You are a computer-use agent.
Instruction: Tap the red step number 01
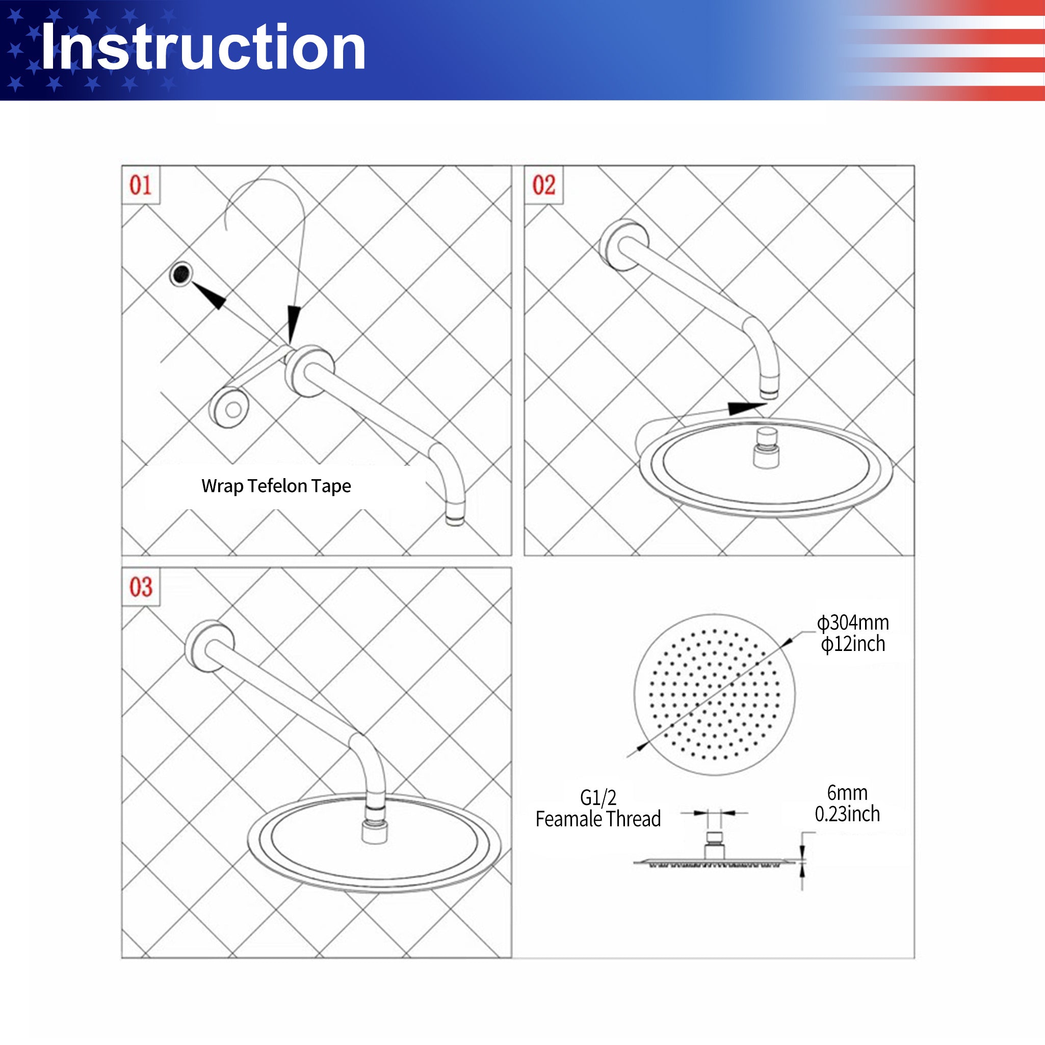[x=141, y=185]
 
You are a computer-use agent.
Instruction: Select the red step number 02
[x=543, y=185]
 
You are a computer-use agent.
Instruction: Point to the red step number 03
[x=141, y=587]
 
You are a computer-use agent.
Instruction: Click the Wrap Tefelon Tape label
[x=276, y=486]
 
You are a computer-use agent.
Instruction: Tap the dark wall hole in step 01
[x=181, y=274]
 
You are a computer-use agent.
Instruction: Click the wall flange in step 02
[x=623, y=245]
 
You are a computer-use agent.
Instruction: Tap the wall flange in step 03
[x=210, y=645]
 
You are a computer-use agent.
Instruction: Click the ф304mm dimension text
[x=853, y=622]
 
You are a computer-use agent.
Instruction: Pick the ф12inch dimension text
[x=853, y=644]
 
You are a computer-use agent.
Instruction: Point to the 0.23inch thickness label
[x=847, y=814]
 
